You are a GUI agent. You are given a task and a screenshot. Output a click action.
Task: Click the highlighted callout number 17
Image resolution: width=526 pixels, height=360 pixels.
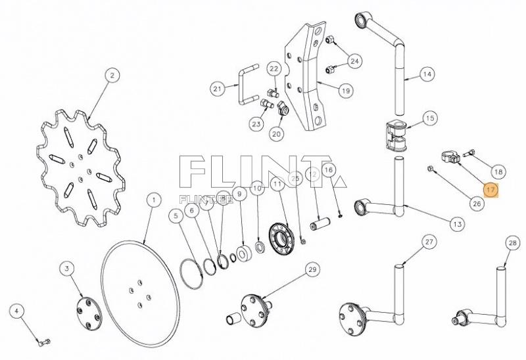click(x=491, y=190)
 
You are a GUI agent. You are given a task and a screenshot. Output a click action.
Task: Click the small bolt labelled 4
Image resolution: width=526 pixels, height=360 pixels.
click(x=43, y=342)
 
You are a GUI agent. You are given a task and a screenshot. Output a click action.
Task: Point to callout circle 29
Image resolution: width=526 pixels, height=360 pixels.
click(x=312, y=269)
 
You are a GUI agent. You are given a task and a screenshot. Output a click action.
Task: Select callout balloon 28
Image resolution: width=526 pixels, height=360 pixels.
click(x=513, y=243)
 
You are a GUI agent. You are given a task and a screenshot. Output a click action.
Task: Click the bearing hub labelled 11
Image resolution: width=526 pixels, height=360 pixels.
click(x=283, y=236)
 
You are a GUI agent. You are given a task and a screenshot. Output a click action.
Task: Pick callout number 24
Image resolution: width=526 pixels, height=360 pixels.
click(x=354, y=61)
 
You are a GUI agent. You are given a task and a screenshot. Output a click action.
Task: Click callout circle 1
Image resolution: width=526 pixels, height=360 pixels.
click(x=153, y=199)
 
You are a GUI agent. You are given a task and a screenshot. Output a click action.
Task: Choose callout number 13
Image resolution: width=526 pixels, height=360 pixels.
click(x=457, y=224)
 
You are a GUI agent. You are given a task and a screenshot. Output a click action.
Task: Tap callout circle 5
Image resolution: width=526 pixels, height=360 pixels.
click(x=176, y=215)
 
